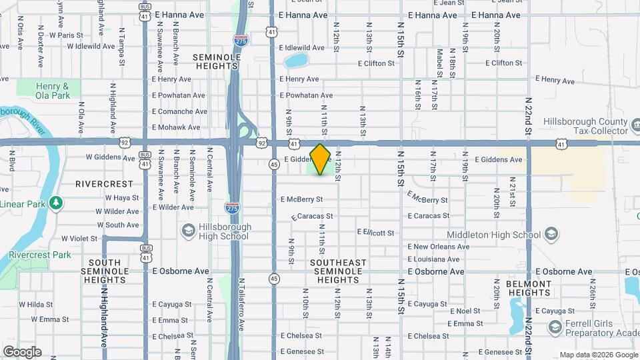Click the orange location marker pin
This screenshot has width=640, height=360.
click(x=320, y=159)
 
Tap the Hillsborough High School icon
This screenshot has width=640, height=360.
click(x=189, y=230)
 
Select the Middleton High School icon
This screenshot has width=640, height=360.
click(x=551, y=233)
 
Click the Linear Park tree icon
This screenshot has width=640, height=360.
click(x=57, y=202)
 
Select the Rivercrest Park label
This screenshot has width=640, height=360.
click(x=40, y=255)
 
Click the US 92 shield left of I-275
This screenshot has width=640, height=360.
click(x=125, y=142)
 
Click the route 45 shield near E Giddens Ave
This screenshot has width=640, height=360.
click(x=274, y=164)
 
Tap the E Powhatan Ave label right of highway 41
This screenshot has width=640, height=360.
click(x=308, y=95)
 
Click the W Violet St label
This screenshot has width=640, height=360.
click(x=79, y=238)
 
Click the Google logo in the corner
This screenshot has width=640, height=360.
click(x=22, y=352)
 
